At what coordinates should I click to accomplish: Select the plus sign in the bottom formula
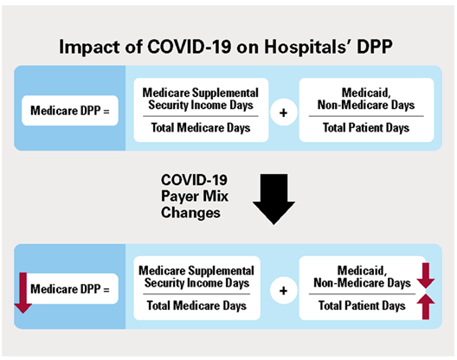(x=282, y=291)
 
